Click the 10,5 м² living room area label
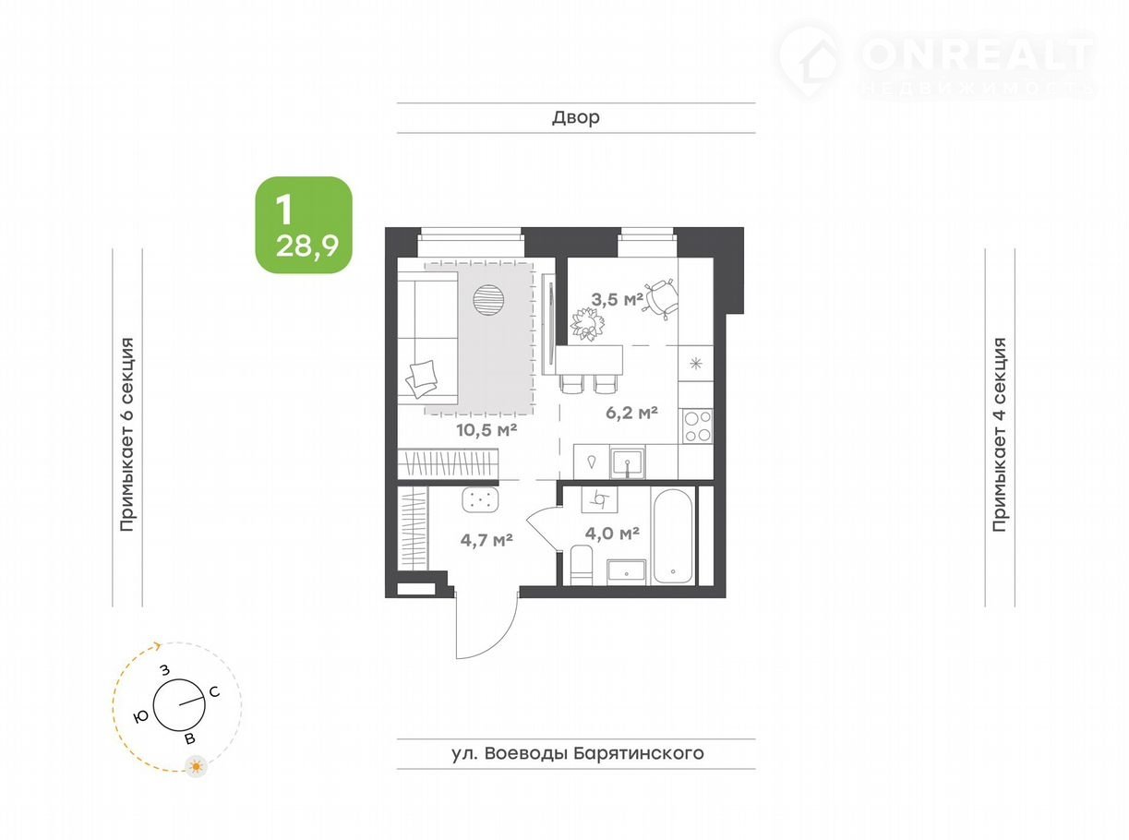pos(486,430)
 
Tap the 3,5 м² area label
pos(617,299)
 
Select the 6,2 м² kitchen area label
pos(631,413)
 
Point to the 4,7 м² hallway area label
pos(486,540)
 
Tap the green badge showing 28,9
pos(304,224)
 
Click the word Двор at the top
pos(576,117)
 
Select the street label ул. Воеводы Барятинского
pos(578,753)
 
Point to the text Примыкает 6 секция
pos(126,435)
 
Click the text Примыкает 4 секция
pos(1000,435)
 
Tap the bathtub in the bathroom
pos(672,535)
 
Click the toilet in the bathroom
pos(582,565)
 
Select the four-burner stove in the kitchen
pos(697,426)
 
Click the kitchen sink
pos(628,462)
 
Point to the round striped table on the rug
pos(488,300)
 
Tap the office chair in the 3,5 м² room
pos(660,299)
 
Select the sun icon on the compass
pos(196,765)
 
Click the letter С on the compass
pos(214,692)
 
